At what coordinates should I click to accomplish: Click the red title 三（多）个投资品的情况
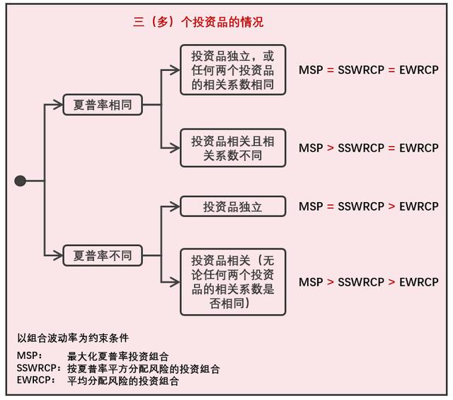[x=198, y=22]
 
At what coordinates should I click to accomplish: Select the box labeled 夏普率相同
[x=103, y=104]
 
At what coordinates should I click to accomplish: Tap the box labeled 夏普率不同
[x=103, y=255]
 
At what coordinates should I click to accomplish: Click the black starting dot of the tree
[x=21, y=181]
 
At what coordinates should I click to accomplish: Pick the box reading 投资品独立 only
[x=233, y=206]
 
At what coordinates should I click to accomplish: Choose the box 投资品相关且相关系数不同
[x=233, y=148]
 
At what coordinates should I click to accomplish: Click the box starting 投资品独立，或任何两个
[x=233, y=70]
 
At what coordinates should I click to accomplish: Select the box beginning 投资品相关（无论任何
[x=233, y=282]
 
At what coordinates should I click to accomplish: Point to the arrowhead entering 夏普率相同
[x=59, y=104]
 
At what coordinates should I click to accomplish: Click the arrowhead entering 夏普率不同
[x=59, y=255]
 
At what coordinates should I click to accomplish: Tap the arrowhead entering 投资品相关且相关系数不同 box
[x=176, y=148]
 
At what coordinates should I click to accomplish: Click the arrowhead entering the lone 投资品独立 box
[x=176, y=206]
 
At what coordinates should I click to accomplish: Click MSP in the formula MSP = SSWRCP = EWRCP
[x=311, y=70]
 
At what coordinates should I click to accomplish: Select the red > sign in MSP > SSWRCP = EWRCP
[x=331, y=148]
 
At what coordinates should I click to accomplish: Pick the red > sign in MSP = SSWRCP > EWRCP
[x=391, y=206]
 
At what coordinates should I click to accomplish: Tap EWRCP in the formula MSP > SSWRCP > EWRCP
[x=419, y=282]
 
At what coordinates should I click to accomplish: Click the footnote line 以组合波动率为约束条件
[x=73, y=338]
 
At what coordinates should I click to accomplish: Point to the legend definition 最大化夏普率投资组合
[x=118, y=356]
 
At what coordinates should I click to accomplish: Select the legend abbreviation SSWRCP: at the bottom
[x=39, y=368]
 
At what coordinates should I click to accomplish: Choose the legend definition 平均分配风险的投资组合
[x=123, y=381]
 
